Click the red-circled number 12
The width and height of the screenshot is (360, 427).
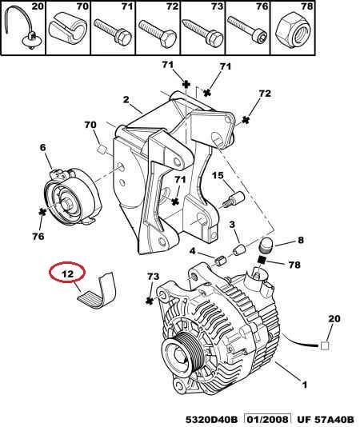click(67, 273)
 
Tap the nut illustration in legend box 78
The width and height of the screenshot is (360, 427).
click(291, 31)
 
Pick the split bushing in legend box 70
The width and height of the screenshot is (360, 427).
click(67, 28)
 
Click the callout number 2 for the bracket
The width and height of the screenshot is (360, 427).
click(126, 99)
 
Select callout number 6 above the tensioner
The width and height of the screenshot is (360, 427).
click(42, 147)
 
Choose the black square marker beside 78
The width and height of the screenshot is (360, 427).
click(262, 261)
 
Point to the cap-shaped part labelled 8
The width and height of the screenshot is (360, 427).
click(265, 245)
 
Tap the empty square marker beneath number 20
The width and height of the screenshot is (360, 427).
click(325, 346)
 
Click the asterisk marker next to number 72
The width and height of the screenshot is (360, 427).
click(246, 120)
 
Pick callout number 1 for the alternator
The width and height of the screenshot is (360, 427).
click(305, 385)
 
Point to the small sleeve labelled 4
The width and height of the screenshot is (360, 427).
click(220, 261)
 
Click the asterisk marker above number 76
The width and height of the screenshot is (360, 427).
click(42, 212)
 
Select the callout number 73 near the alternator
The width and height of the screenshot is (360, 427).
click(153, 277)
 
